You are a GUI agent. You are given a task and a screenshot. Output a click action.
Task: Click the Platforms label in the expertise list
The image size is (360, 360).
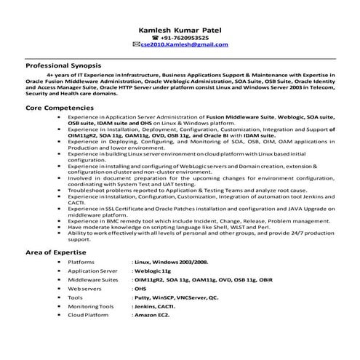81,260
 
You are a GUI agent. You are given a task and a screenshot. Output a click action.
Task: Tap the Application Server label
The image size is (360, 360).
92,270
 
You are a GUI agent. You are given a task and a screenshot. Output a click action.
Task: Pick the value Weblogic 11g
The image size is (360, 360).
152,270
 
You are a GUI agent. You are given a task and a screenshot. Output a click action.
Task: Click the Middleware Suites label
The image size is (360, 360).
92,279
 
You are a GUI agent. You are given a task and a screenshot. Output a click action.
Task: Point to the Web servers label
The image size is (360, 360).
84,289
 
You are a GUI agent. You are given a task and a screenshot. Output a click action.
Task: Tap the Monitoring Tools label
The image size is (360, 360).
91,308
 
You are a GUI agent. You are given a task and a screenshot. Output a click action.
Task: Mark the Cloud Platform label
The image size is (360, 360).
87,316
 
